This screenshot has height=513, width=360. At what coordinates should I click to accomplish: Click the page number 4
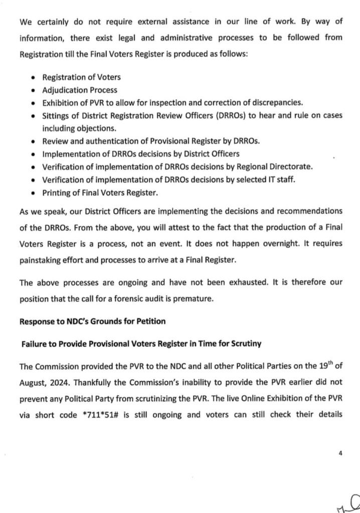point(340,453)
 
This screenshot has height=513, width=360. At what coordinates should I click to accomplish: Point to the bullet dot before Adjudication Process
point(33,91)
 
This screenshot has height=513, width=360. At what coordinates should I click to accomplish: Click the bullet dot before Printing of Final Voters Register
point(33,193)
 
